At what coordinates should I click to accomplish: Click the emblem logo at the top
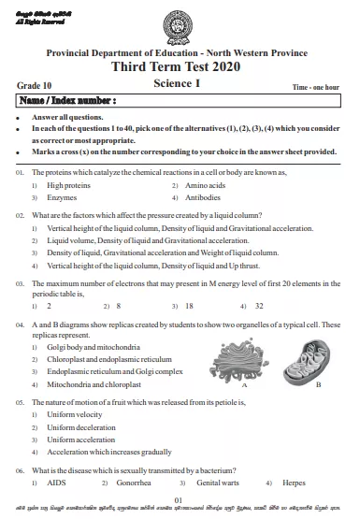179,23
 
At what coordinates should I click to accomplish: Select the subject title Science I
179,83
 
